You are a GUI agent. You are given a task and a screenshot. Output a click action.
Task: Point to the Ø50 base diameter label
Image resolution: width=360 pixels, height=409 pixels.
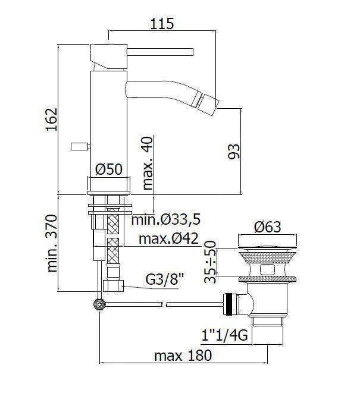(109, 169)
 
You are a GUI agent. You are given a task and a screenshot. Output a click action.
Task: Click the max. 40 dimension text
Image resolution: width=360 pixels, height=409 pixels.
(148, 162)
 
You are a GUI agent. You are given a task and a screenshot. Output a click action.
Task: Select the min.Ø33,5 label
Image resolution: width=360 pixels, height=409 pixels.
(166, 220)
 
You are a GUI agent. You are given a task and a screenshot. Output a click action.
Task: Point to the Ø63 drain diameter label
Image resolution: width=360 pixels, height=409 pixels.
(267, 226)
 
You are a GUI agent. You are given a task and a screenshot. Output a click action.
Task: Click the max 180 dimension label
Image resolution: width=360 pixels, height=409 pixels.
(183, 355)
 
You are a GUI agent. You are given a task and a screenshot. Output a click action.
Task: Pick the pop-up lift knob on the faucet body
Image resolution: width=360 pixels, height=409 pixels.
(79, 145)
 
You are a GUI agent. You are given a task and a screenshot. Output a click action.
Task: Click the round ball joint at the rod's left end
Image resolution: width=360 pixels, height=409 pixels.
(98, 304)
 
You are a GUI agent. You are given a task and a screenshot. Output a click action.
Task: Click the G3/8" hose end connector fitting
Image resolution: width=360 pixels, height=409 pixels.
(112, 287)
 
